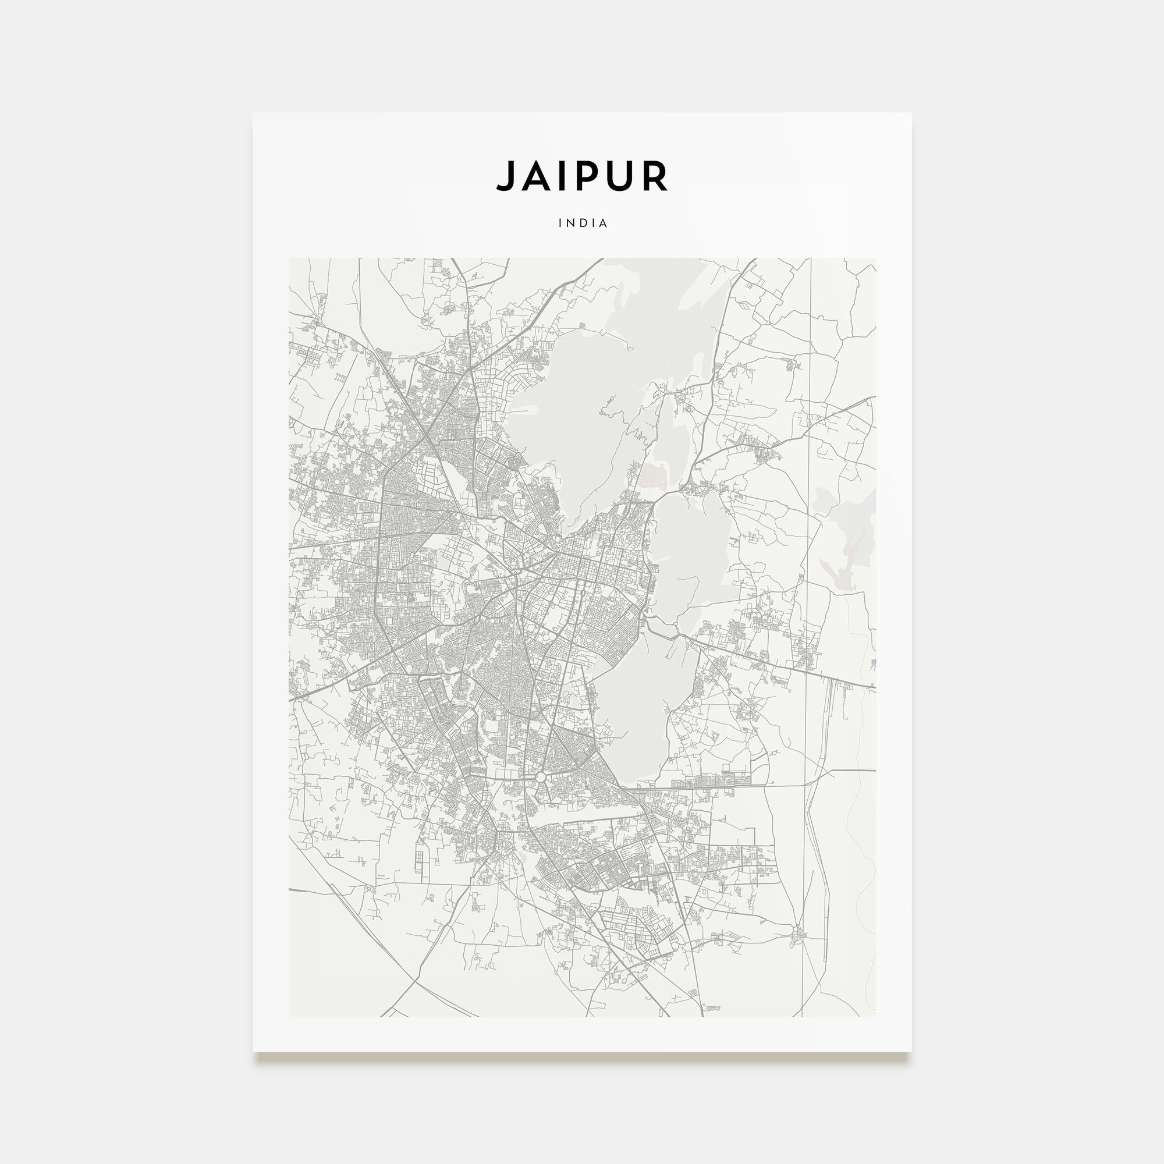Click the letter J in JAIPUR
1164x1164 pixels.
506,176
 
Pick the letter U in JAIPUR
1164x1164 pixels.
621,176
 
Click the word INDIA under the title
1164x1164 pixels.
583,223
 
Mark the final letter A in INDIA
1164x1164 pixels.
604,223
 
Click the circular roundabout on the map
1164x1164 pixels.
541,777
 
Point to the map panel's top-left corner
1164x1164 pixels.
289,258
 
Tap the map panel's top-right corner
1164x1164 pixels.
875,258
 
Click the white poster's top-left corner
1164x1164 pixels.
253,113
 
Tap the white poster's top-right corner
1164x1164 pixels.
911,113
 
